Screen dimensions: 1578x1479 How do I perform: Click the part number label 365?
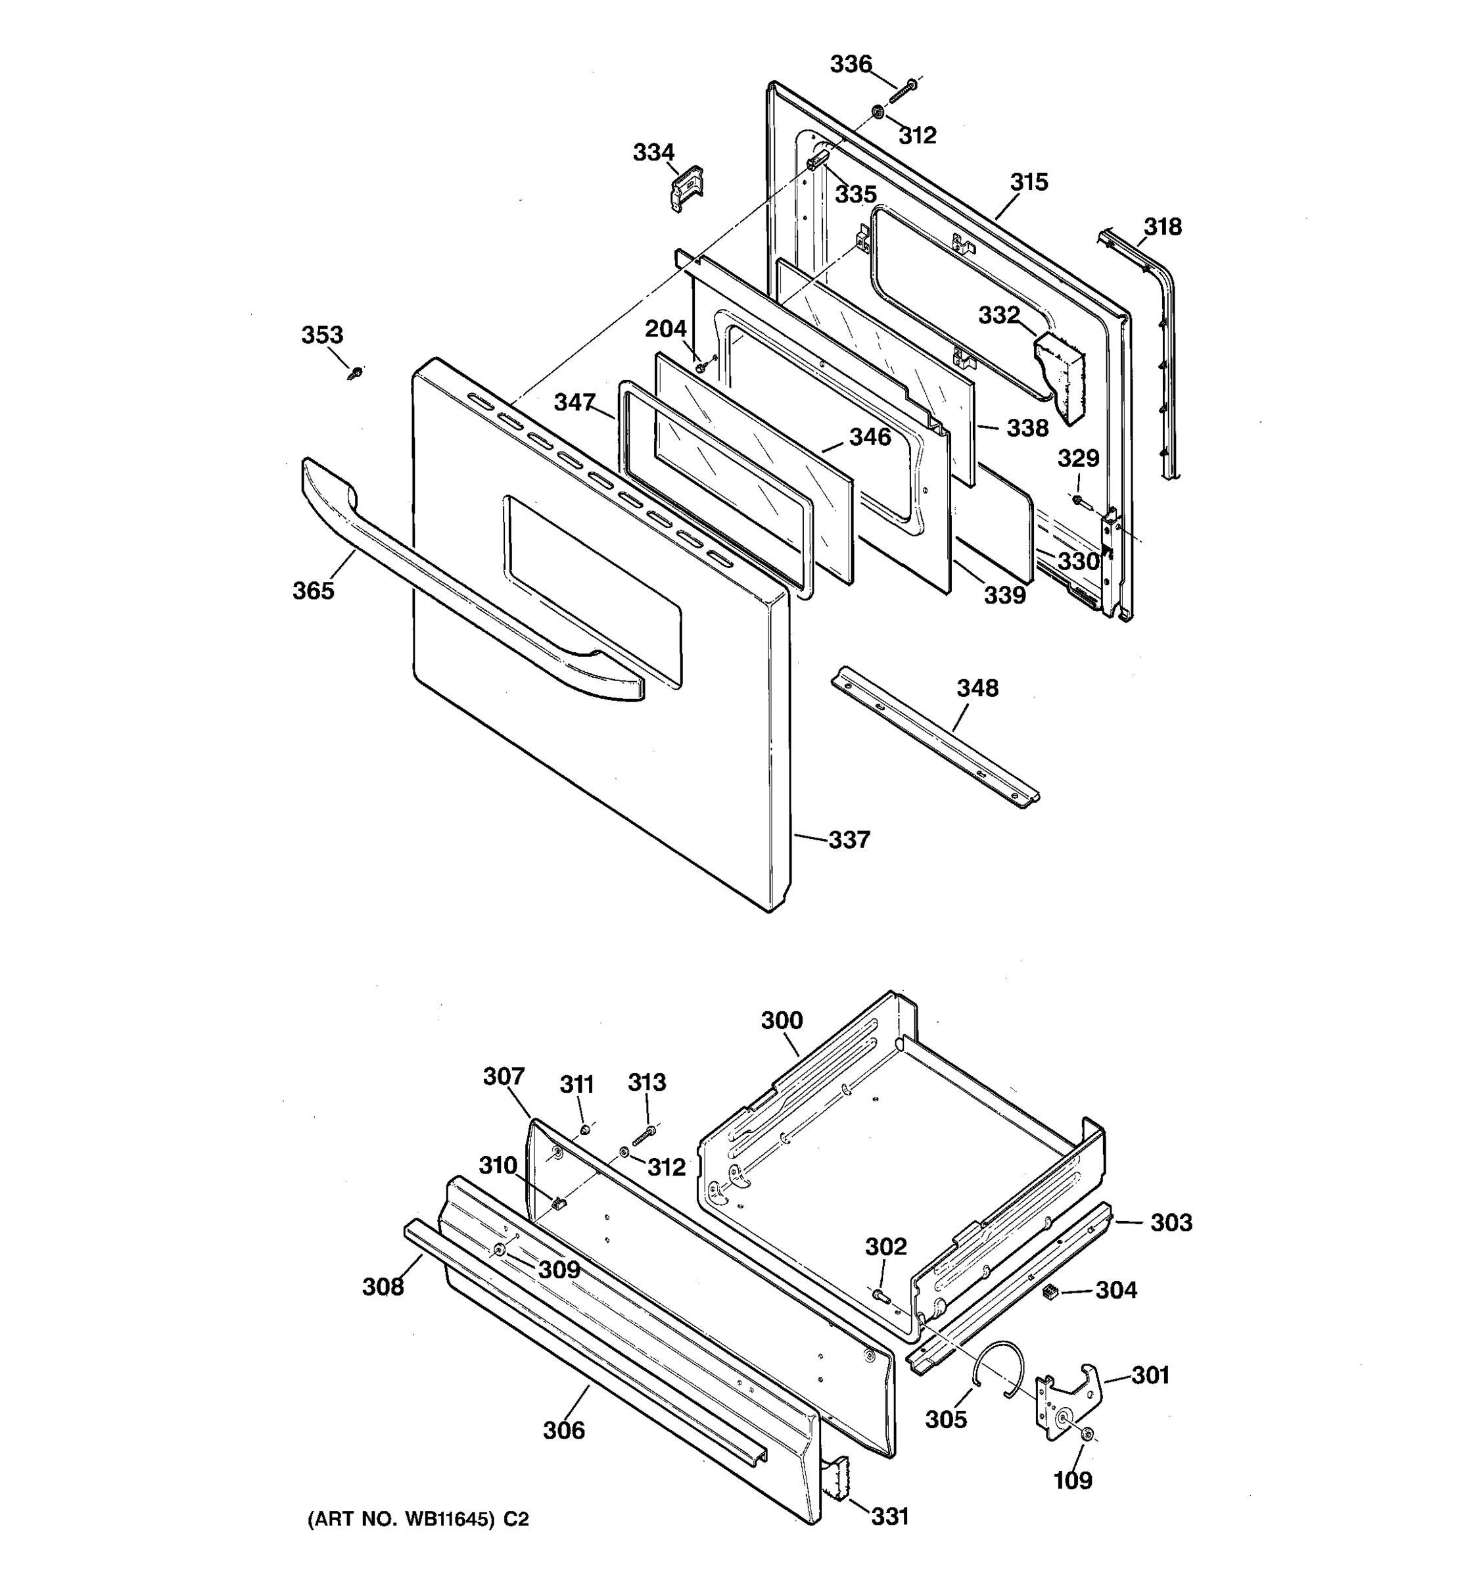314,590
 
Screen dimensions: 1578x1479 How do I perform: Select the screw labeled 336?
902,91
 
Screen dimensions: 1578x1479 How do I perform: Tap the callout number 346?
870,437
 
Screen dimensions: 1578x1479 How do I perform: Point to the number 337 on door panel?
849,840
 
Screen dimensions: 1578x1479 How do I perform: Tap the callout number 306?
563,1430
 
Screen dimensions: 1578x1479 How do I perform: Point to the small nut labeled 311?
584,1130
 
